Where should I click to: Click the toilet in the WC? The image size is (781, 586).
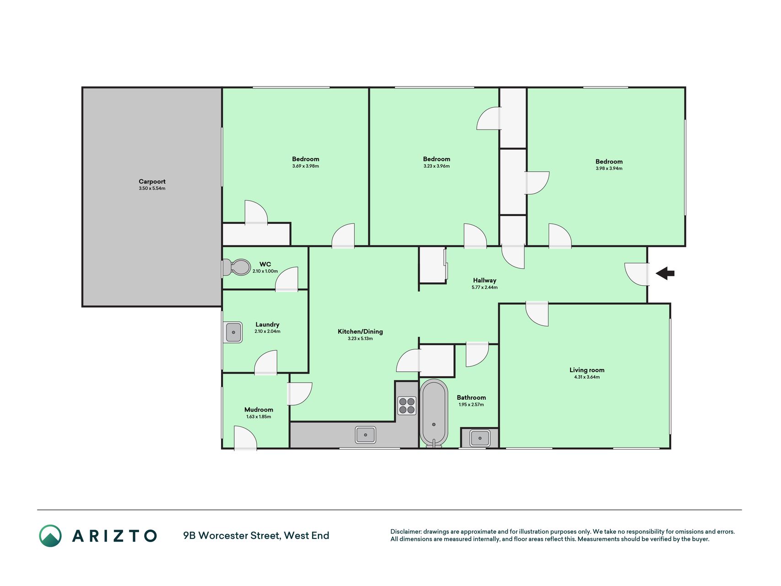tap(237, 267)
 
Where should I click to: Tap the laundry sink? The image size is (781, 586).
tap(233, 332)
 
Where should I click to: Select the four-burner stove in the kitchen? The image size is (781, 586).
tap(407, 406)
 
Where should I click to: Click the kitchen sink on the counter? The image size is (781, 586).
tap(366, 434)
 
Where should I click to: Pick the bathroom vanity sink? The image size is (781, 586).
tap(480, 438)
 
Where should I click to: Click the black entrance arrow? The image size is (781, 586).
tap(665, 273)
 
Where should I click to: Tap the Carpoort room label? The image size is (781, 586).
tap(152, 181)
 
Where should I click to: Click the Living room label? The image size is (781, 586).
tap(587, 370)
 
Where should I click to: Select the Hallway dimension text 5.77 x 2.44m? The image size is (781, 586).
tap(485, 288)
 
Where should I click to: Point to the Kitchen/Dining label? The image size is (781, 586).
tap(360, 331)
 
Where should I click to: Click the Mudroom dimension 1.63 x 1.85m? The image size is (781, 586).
tap(259, 417)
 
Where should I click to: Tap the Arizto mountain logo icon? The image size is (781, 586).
tap(50, 536)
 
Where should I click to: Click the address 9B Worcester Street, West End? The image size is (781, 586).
tap(256, 536)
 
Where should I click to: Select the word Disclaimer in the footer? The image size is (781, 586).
tap(405, 532)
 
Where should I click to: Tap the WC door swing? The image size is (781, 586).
tap(287, 279)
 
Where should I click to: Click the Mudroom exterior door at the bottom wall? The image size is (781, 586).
tap(245, 438)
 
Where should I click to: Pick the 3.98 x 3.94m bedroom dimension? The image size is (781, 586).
tap(609, 168)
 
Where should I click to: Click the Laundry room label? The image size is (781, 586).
tap(267, 324)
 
